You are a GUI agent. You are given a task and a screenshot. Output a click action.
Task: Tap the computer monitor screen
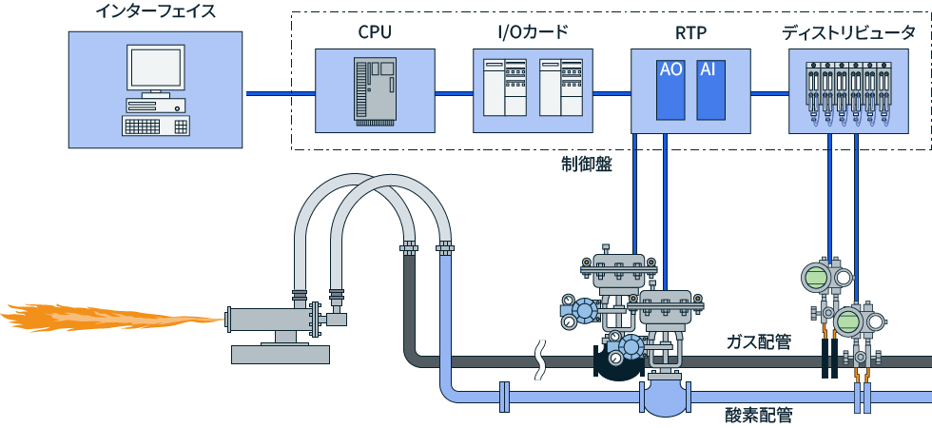coord(155,69)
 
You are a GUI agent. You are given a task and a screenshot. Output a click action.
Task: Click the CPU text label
coord(375,32)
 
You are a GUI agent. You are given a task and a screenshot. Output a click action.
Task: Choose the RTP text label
coord(689,32)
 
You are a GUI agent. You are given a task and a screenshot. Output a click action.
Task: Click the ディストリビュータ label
coord(849,32)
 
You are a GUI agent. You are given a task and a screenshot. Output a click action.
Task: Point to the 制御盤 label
coord(586,163)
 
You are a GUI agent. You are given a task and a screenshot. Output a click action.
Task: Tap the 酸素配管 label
coord(759,415)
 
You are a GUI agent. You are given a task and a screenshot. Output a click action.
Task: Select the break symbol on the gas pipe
coord(542,360)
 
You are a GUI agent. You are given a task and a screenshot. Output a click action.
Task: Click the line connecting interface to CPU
coord(281,93)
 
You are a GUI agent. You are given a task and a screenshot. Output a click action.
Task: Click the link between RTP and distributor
coord(770,93)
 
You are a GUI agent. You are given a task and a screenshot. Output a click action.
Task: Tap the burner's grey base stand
coord(282,353)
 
